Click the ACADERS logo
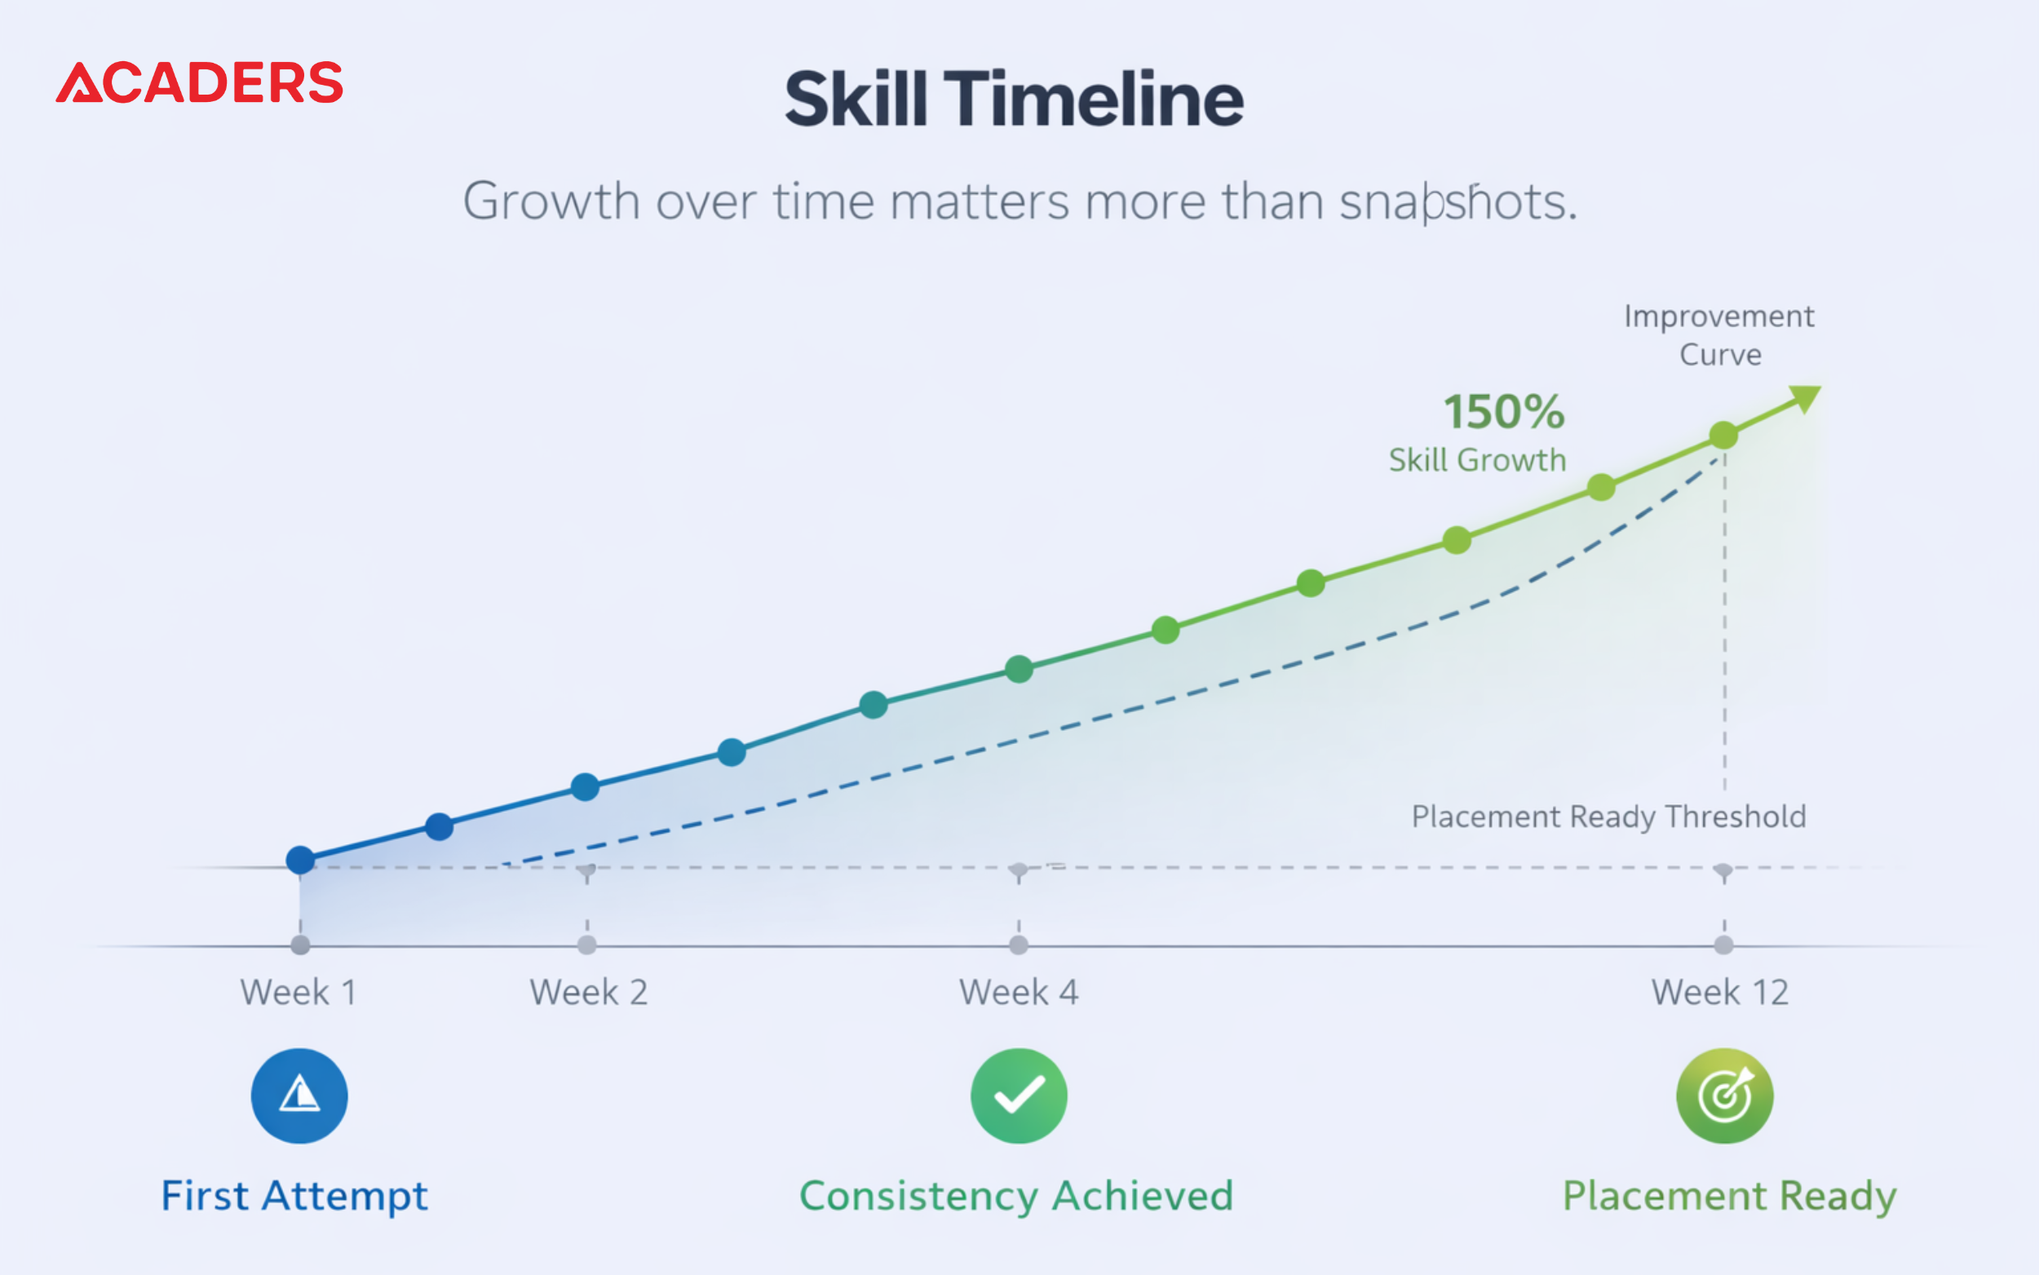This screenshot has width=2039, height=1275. pos(200,82)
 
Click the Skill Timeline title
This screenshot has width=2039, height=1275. pos(1014,99)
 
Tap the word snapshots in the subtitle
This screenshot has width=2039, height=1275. pos(1458,202)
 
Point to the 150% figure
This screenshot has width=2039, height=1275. pos(1505,411)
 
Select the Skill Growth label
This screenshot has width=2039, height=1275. pos(1478,460)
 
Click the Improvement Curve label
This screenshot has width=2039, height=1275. pos(1719,334)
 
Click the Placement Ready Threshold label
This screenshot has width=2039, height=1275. pos(1609,817)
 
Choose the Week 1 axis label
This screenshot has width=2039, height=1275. pos(299,993)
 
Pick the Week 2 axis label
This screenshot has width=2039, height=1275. pos(588,993)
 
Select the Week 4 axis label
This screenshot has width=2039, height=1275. pos(1019,993)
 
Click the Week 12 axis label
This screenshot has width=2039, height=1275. pos(1719,993)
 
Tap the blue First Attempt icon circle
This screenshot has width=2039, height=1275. pos(299,1096)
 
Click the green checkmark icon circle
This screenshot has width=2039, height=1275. pos(1019,1096)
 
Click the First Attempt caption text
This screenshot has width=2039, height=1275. pos(294,1197)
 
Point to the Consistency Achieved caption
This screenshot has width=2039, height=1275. pos(1016,1197)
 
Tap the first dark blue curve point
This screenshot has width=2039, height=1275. pos(300,860)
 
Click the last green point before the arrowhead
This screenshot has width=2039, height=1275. pos(1723,436)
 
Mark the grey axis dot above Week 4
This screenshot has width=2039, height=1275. pos(1019,945)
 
